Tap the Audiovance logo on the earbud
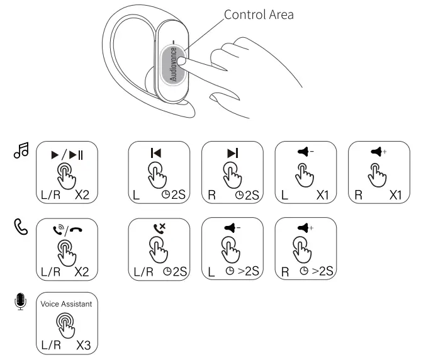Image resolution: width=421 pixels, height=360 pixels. (174, 65)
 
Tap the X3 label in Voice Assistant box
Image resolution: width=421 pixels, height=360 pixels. (84, 346)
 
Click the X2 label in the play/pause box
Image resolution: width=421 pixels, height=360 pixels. (84, 196)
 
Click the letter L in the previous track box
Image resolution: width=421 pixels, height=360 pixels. (135, 196)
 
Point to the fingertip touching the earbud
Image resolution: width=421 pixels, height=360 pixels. (183, 61)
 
